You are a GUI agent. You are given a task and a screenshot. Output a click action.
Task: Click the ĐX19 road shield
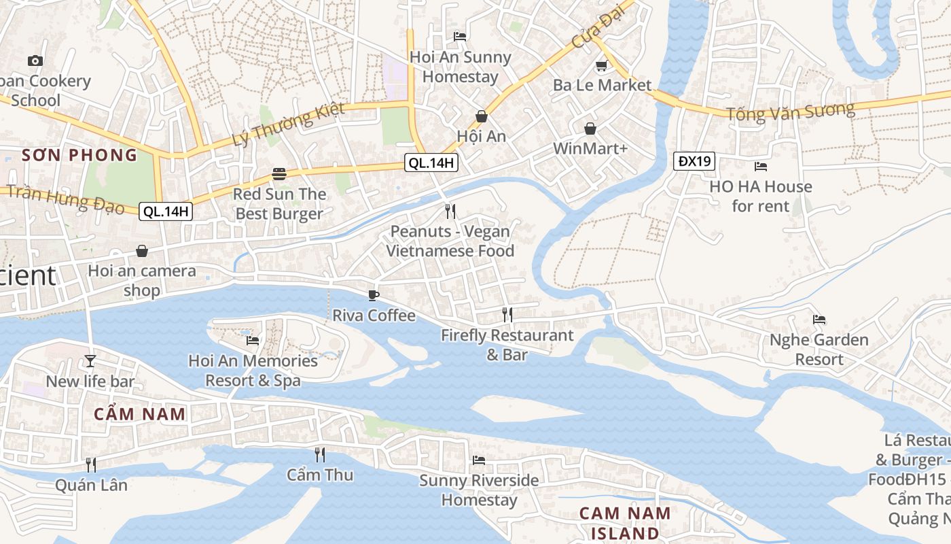coord(694,161)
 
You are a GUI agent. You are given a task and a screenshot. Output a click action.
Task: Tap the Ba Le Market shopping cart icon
coord(600,66)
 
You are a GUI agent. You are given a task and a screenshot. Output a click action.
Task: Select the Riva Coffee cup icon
coord(373,295)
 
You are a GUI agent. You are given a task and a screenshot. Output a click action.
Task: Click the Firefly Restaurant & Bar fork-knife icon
coord(507,314)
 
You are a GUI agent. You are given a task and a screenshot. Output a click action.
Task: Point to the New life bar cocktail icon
coord(90,361)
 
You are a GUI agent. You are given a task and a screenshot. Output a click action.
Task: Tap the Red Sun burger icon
coord(279,174)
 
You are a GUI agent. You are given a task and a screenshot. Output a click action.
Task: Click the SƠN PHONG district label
coord(79,155)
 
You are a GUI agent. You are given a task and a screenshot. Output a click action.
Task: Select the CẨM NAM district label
coord(139,413)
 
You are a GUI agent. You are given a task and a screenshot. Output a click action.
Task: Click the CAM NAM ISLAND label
coord(625,523)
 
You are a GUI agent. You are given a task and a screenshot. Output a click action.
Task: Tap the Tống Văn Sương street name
coord(790,112)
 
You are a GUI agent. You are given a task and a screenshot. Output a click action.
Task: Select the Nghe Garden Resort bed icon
coord(819,319)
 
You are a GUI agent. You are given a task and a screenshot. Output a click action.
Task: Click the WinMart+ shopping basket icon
coord(590,129)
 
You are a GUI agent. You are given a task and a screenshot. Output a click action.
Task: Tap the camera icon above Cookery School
coord(35,61)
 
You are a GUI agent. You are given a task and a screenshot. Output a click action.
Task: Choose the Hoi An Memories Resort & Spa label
coord(253,371)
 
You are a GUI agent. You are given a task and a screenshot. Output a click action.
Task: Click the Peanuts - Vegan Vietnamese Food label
coord(450,241)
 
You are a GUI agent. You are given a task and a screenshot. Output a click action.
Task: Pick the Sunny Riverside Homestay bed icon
coord(478,460)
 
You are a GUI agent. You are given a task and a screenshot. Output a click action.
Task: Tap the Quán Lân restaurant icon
coord(90,464)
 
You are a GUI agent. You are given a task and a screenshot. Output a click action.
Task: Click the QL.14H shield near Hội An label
coord(431,163)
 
